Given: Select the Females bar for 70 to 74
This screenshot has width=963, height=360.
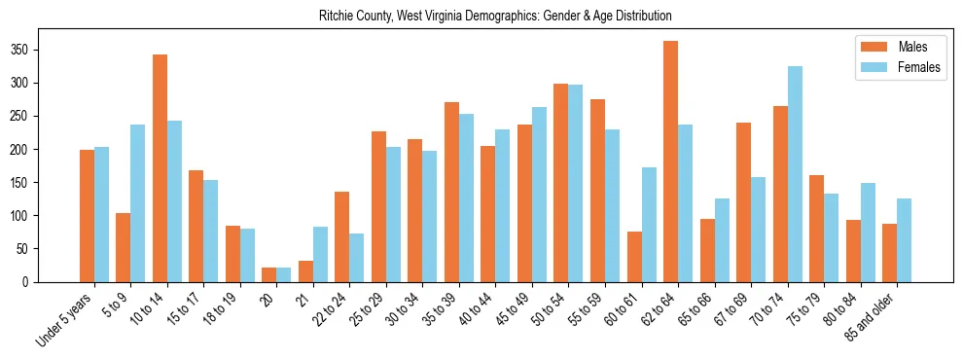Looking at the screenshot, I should (x=795, y=174).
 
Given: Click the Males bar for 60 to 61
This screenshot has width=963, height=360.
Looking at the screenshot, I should (x=634, y=257).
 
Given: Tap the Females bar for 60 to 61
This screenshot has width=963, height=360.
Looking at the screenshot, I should (x=649, y=225).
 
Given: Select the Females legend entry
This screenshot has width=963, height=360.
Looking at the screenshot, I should (x=893, y=68).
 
